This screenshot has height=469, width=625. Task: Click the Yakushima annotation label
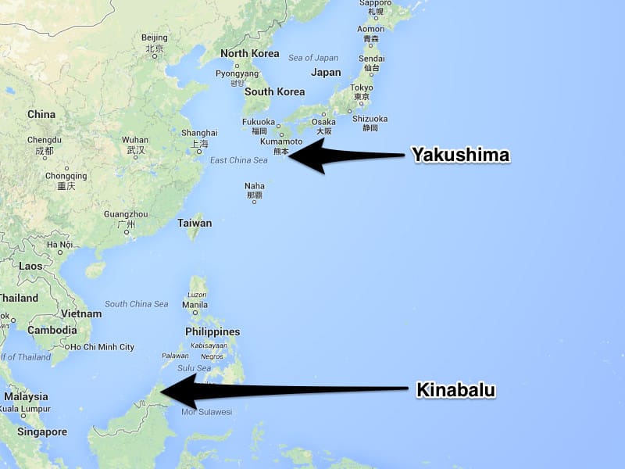click(461, 156)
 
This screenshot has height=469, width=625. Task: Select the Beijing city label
click(154, 38)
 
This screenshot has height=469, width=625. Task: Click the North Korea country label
click(249, 53)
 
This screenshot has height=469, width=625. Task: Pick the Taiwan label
click(195, 223)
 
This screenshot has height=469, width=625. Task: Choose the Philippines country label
click(212, 331)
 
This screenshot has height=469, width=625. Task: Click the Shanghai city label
click(198, 133)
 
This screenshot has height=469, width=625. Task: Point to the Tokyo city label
click(361, 88)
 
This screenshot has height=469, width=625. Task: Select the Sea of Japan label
click(312, 57)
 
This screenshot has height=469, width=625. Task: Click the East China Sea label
click(239, 160)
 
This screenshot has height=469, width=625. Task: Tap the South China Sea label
click(136, 304)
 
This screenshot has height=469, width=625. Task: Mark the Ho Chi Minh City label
click(102, 347)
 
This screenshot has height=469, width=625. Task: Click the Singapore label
click(42, 431)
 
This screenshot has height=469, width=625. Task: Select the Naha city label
click(254, 186)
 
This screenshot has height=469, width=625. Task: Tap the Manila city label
click(195, 304)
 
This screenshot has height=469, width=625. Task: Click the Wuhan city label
click(135, 140)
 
